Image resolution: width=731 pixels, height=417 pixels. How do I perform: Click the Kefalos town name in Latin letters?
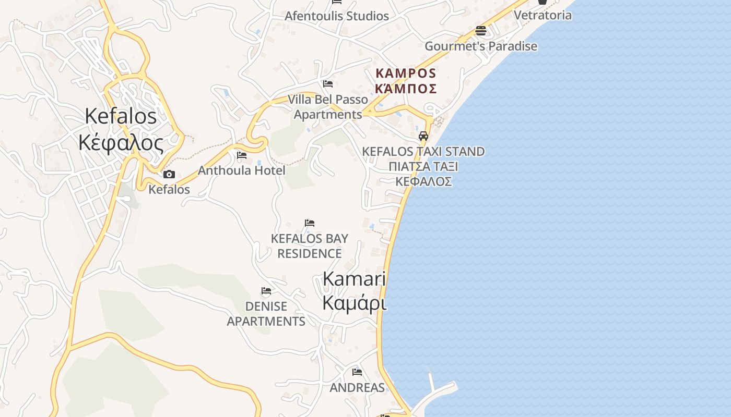pyautogui.click(x=121, y=116)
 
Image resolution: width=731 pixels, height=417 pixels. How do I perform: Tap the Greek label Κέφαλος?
pyautogui.click(x=121, y=142)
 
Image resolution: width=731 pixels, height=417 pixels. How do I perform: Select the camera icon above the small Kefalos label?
pyautogui.click(x=169, y=175)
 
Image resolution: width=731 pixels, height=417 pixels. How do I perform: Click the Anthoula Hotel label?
pyautogui.click(x=241, y=170)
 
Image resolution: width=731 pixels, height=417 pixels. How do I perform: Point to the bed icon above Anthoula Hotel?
pyautogui.click(x=241, y=155)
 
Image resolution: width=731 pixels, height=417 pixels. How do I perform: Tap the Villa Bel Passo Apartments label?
pyautogui.click(x=328, y=107)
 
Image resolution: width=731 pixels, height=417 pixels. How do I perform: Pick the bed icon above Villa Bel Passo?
pyautogui.click(x=328, y=83)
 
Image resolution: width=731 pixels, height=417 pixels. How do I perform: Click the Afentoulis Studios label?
pyautogui.click(x=336, y=16)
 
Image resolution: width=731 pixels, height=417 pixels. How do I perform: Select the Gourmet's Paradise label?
pyautogui.click(x=480, y=46)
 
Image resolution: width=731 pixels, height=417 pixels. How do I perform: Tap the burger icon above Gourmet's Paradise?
pyautogui.click(x=481, y=31)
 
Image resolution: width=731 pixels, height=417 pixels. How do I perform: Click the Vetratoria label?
pyautogui.click(x=543, y=15)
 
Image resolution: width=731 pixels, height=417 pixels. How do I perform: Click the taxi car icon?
pyautogui.click(x=423, y=137)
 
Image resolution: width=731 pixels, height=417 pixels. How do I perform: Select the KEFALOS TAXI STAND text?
pyautogui.click(x=423, y=152)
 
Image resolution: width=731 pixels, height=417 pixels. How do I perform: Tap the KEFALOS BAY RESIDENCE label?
pyautogui.click(x=309, y=246)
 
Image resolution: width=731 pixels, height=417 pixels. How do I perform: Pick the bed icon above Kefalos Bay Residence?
pyautogui.click(x=310, y=223)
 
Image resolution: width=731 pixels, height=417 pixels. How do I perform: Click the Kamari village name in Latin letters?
pyautogui.click(x=354, y=279)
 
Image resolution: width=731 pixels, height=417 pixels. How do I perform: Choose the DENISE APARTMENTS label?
pyautogui.click(x=266, y=314)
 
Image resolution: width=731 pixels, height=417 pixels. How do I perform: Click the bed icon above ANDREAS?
pyautogui.click(x=357, y=372)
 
